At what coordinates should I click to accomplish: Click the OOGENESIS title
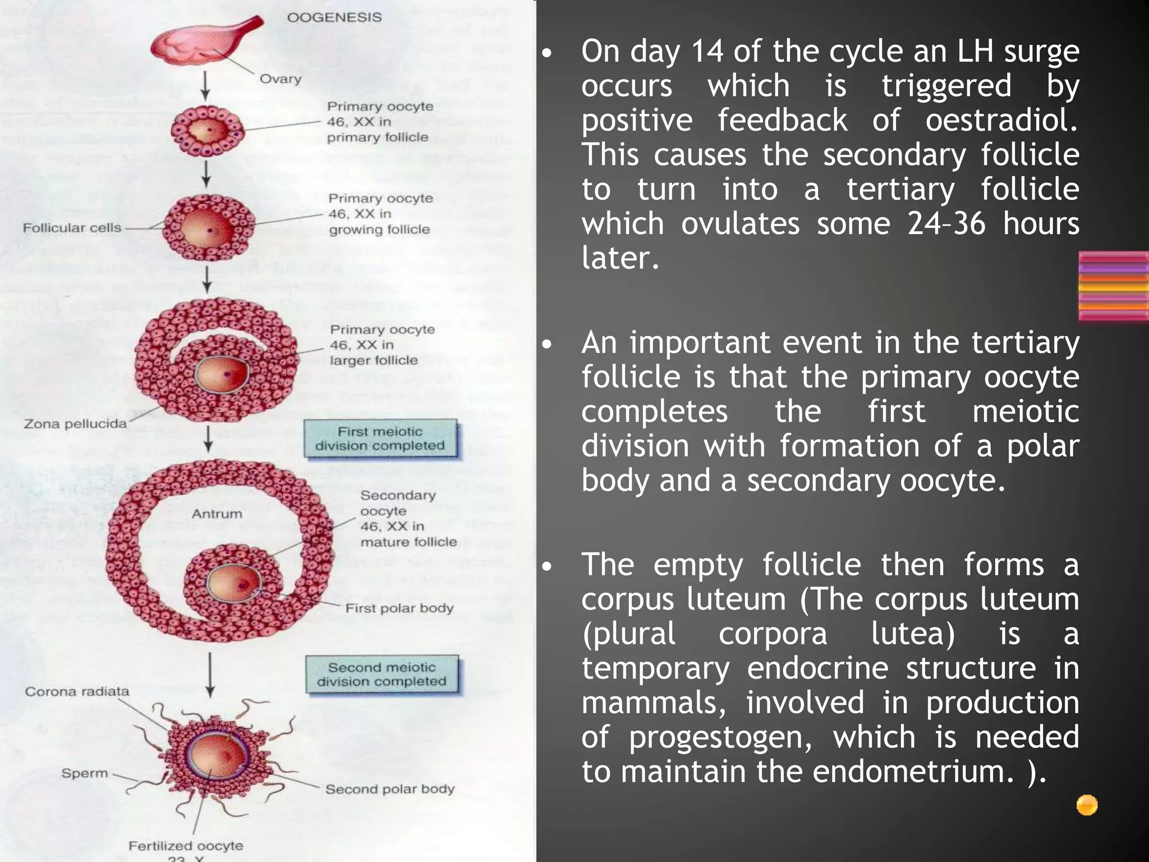point(334,17)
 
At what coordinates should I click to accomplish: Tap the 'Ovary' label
point(280,79)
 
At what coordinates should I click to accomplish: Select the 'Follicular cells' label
point(72,228)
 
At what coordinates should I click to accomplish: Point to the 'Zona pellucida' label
point(75,424)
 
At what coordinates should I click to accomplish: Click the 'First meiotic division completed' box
point(380,439)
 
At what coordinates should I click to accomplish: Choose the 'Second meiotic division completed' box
point(382,675)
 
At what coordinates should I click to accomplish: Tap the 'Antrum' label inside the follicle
point(217,513)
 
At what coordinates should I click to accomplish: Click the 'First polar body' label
point(399,608)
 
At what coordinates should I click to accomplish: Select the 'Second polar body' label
point(390,789)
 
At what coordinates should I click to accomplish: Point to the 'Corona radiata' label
point(77,691)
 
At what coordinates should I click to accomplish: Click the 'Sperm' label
point(85,773)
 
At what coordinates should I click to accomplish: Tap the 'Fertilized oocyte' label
point(186,846)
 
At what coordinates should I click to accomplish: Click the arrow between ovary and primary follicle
point(205,85)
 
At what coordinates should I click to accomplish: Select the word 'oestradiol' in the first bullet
point(1001,120)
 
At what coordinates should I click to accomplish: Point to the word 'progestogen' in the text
point(720,737)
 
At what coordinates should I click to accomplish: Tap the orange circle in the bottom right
point(1087,805)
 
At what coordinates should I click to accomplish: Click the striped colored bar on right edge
point(1113,286)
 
